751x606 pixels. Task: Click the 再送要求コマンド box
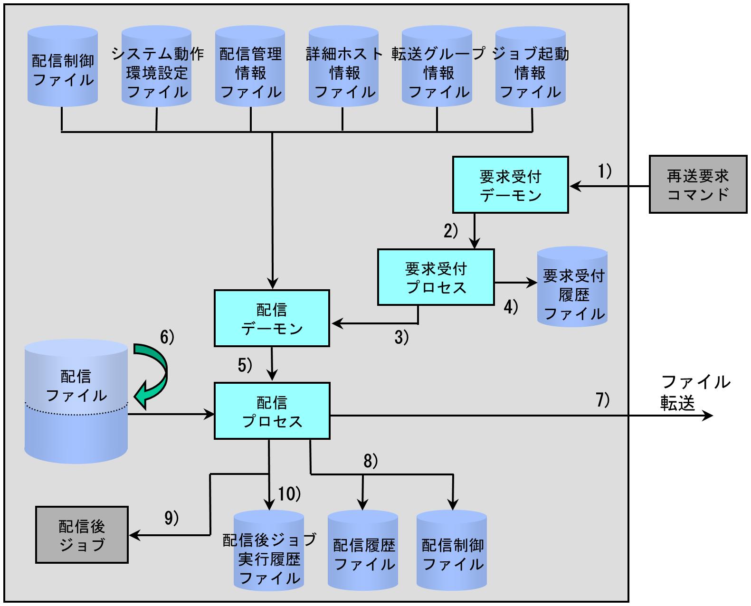point(698,184)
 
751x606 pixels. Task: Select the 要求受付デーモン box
point(510,185)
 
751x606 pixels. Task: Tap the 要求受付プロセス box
point(436,277)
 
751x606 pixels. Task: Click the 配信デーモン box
point(272,318)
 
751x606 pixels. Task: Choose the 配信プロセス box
point(272,411)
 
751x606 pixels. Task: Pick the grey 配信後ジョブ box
point(82,535)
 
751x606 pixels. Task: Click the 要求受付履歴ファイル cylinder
point(572,286)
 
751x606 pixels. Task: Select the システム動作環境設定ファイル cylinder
point(157,66)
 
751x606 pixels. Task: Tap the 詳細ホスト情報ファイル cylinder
point(343,66)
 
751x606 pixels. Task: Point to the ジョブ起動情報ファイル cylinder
point(530,66)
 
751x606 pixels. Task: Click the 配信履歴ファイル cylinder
point(363,550)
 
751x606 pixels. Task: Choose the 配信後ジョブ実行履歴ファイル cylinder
point(269,550)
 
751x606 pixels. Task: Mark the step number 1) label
point(605,171)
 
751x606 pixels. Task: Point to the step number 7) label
point(603,400)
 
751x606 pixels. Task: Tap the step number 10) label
point(289,494)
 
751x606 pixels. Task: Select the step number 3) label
point(401,337)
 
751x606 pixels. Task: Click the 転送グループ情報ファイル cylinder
point(437,66)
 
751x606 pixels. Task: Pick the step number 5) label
point(245,365)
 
